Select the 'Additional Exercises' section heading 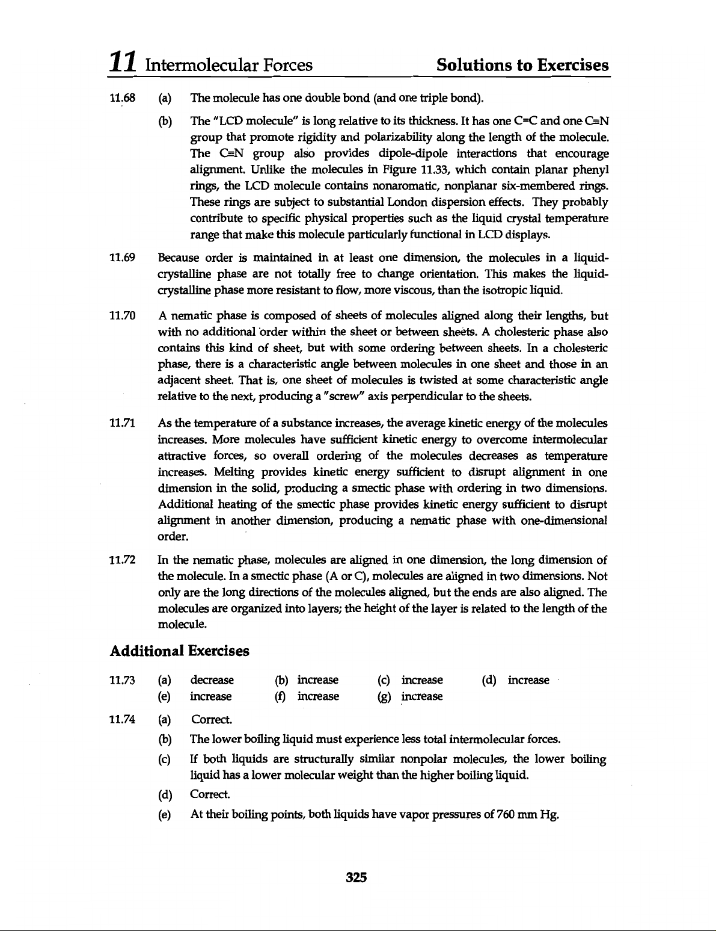[180, 651]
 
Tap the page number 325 [356, 877]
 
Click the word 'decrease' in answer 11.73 [212, 680]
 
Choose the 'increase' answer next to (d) [528, 680]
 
